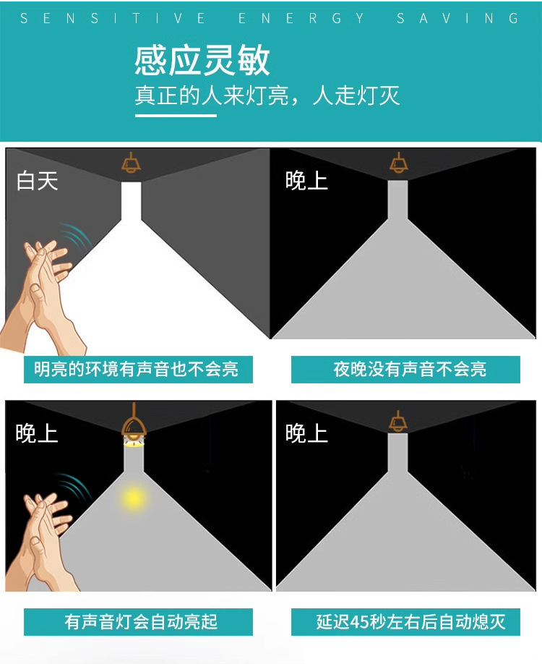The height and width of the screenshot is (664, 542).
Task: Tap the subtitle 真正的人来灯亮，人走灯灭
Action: click(267, 96)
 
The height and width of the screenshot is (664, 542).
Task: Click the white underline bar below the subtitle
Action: click(175, 114)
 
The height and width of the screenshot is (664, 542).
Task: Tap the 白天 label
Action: click(38, 180)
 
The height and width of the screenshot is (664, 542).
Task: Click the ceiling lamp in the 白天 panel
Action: click(131, 163)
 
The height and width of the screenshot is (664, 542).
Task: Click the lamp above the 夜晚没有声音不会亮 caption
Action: click(397, 163)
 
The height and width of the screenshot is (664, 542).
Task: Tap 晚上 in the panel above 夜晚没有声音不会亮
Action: click(306, 180)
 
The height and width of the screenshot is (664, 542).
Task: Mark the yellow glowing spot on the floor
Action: click(133, 497)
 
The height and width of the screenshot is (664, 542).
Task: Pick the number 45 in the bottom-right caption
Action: click(359, 621)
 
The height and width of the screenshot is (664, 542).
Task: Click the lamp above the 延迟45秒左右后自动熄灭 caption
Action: click(397, 420)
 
